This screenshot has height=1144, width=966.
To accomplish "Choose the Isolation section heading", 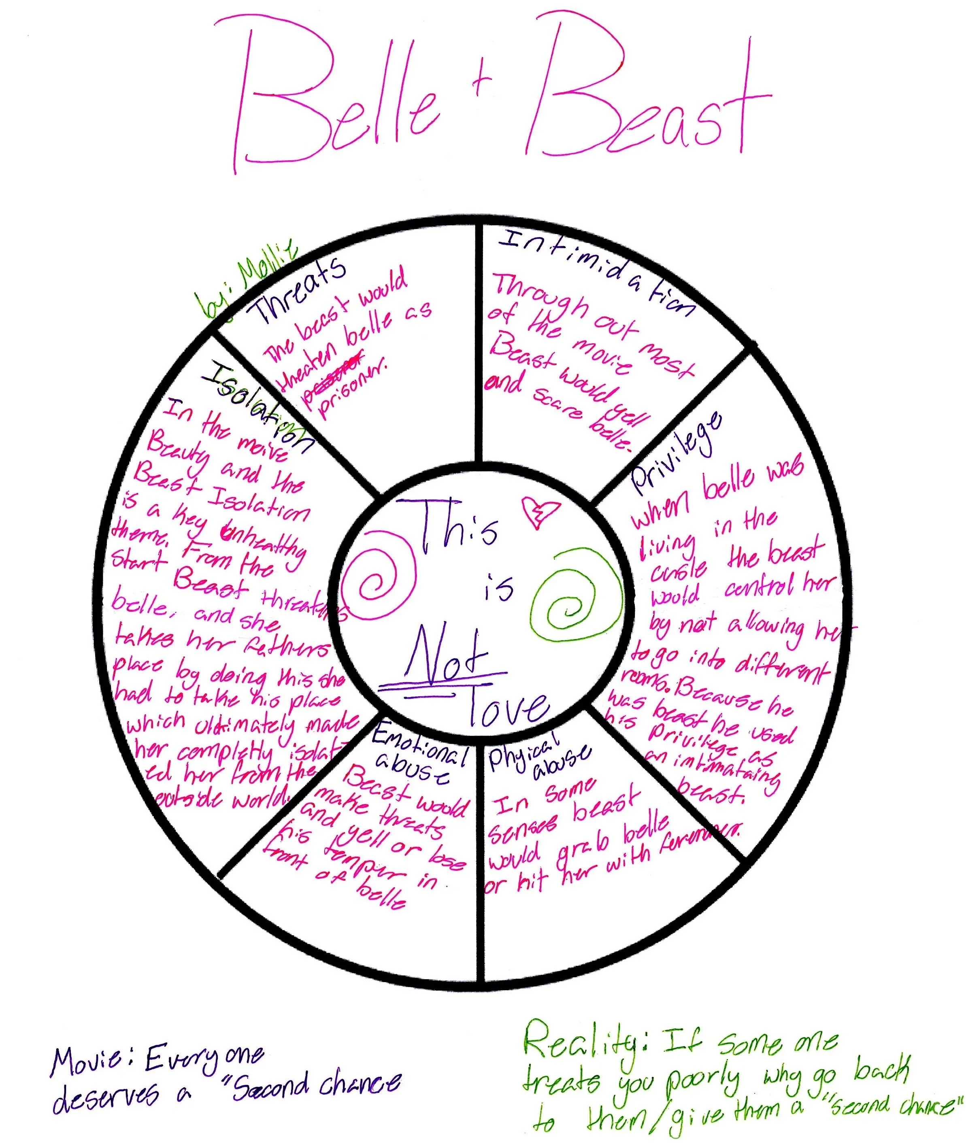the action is click(257, 405).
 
